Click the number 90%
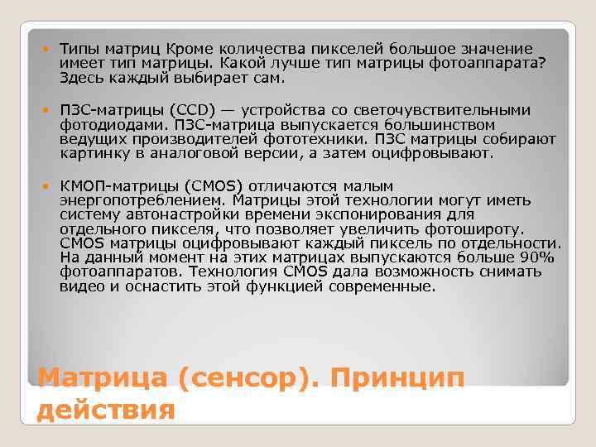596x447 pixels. coord(538,257)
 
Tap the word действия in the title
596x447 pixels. coord(107,410)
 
